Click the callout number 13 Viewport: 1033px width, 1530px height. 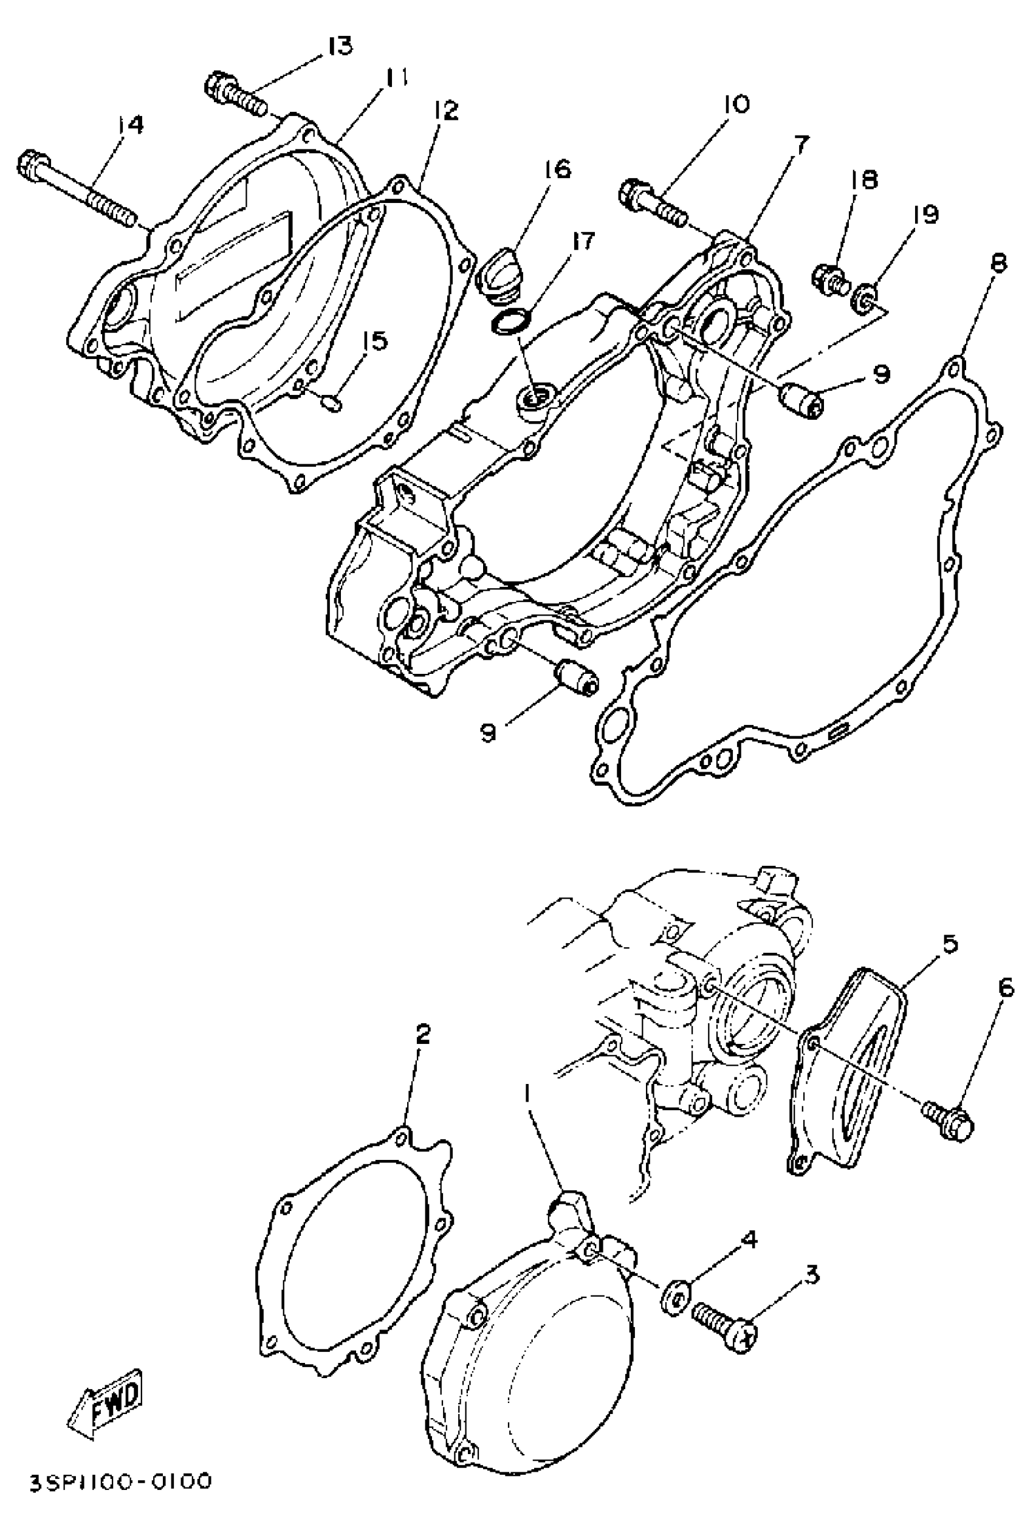pyautogui.click(x=340, y=46)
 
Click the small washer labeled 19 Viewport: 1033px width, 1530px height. pyautogui.click(x=867, y=298)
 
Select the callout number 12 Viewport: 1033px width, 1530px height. pyautogui.click(x=446, y=110)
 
